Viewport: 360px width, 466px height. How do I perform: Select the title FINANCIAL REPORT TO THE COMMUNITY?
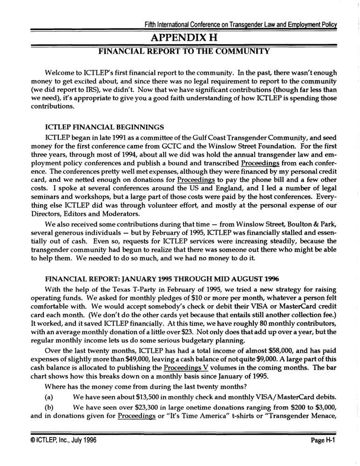point(183,51)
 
